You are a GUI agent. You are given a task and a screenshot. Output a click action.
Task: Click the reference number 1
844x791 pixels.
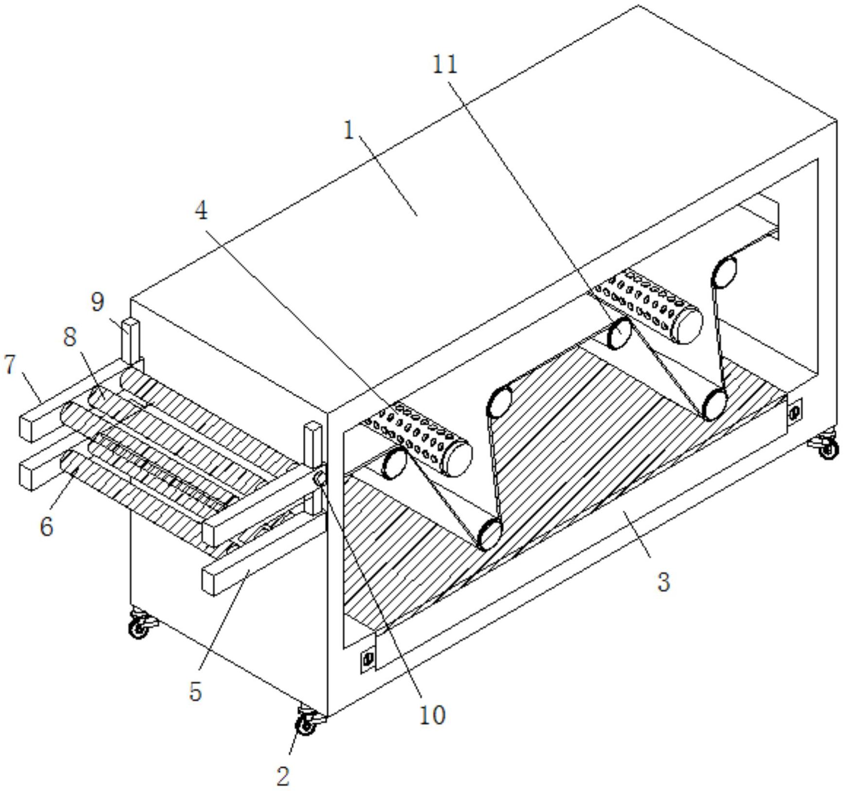tap(349, 130)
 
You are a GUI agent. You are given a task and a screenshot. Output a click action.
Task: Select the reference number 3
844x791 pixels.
tap(663, 581)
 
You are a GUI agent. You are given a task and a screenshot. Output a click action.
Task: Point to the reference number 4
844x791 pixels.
tap(201, 210)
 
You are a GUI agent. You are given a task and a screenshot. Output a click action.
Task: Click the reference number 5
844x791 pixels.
tap(195, 691)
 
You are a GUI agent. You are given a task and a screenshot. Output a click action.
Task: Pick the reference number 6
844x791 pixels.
tap(46, 526)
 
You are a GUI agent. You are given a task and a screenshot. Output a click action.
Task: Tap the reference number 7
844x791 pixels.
tap(10, 364)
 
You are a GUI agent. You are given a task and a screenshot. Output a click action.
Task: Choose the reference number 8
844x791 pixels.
tap(70, 336)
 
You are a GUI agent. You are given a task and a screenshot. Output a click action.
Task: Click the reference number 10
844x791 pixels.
tap(432, 715)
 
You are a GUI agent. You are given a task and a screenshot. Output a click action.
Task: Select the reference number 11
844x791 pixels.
tap(445, 64)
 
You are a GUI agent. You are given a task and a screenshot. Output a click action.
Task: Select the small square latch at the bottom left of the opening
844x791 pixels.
tap(368, 659)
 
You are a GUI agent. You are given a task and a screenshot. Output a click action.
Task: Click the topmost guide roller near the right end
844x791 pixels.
tap(724, 272)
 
